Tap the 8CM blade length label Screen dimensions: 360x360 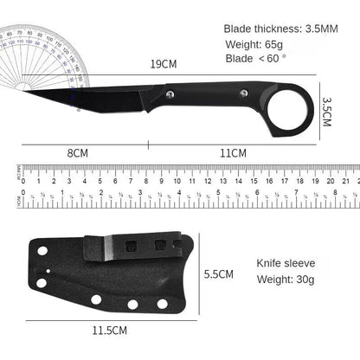pos(79,153)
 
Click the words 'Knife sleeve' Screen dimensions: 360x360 pos(285,261)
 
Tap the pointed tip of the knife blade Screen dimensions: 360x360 pos(26,88)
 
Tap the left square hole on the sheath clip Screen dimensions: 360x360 pos(132,246)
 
